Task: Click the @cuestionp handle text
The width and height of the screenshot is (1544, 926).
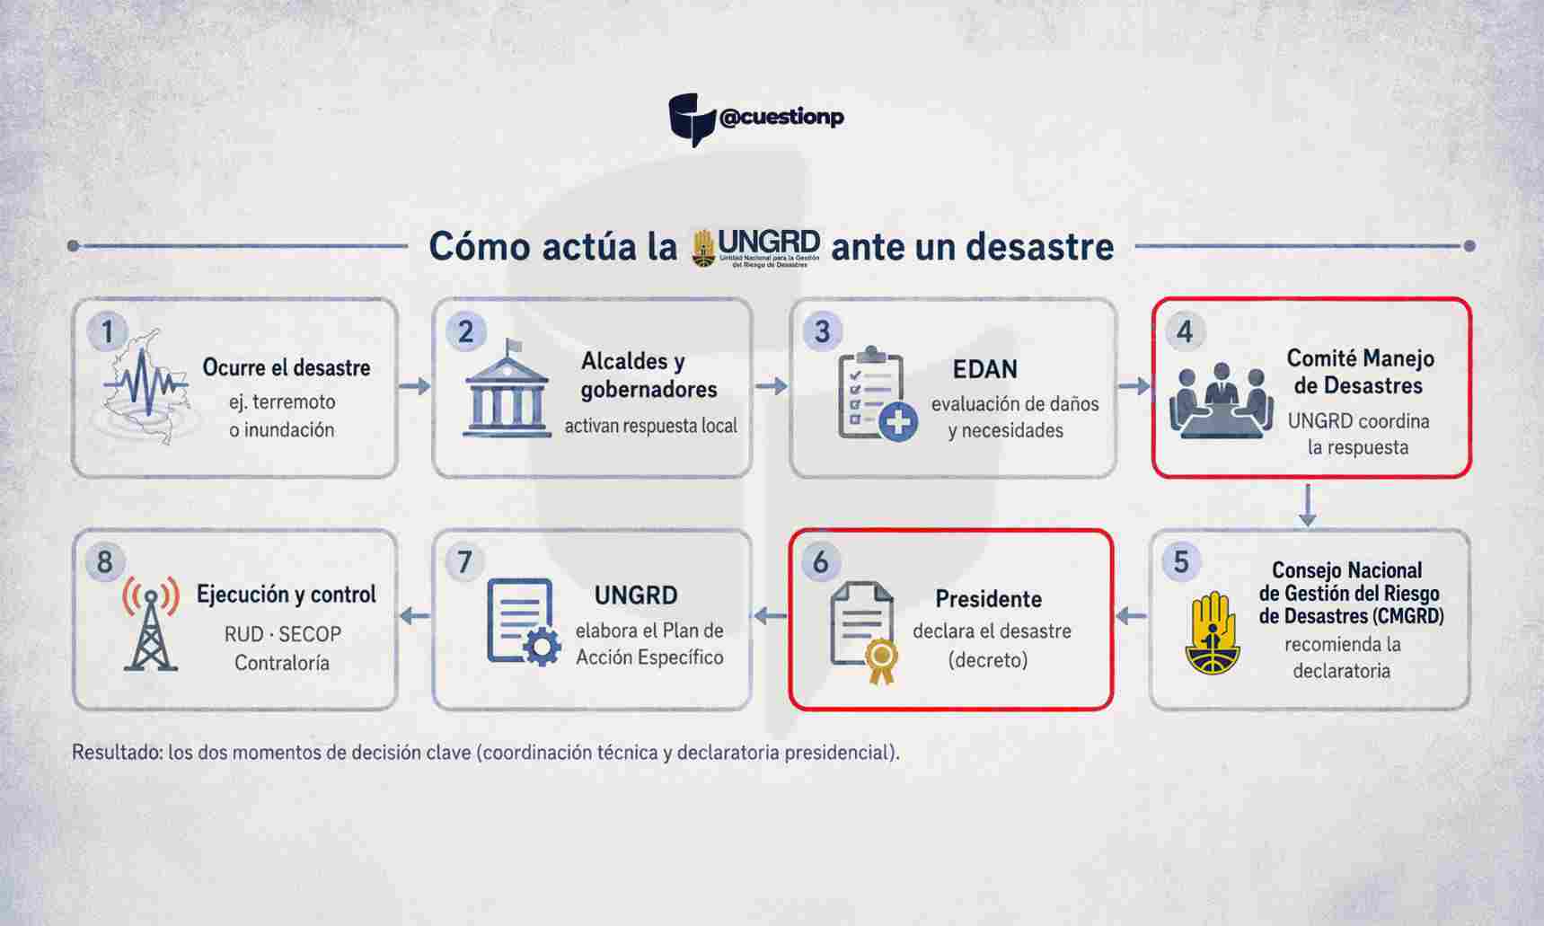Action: pos(781,118)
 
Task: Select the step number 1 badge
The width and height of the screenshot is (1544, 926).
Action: pos(108,332)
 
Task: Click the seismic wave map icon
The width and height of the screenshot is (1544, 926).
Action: pos(146,387)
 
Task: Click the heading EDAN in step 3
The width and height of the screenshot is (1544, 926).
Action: pos(985,369)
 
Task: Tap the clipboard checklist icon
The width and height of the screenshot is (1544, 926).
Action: pos(877,394)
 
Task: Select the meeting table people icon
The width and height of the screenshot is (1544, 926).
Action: pos(1222,401)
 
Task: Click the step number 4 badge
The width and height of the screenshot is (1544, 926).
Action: pos(1185,332)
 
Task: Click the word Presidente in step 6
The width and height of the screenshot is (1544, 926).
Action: pos(988,599)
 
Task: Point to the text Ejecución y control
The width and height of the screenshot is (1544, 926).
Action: pos(287,595)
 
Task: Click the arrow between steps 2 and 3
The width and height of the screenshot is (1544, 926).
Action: pos(771,386)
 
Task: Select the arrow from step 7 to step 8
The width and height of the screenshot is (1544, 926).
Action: pos(414,616)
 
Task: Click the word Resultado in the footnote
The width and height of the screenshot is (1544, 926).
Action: pos(117,753)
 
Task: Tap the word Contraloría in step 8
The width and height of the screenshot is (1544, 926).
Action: pos(282,663)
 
